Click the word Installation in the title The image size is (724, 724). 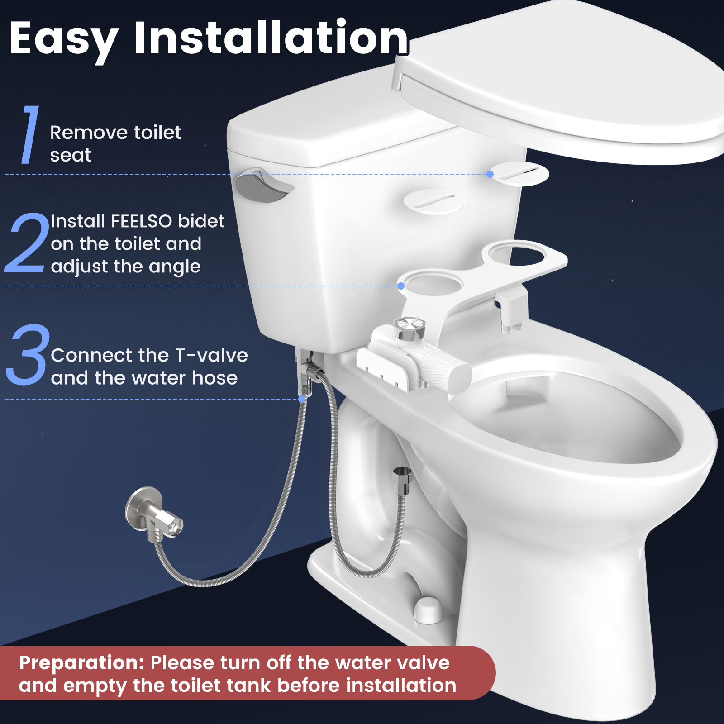(271, 38)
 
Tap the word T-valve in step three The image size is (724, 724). (211, 356)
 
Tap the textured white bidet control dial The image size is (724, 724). (446, 370)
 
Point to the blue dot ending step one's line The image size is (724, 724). (491, 174)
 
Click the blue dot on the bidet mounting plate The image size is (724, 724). (401, 286)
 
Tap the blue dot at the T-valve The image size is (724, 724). (302, 399)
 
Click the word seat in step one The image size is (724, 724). (71, 155)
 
